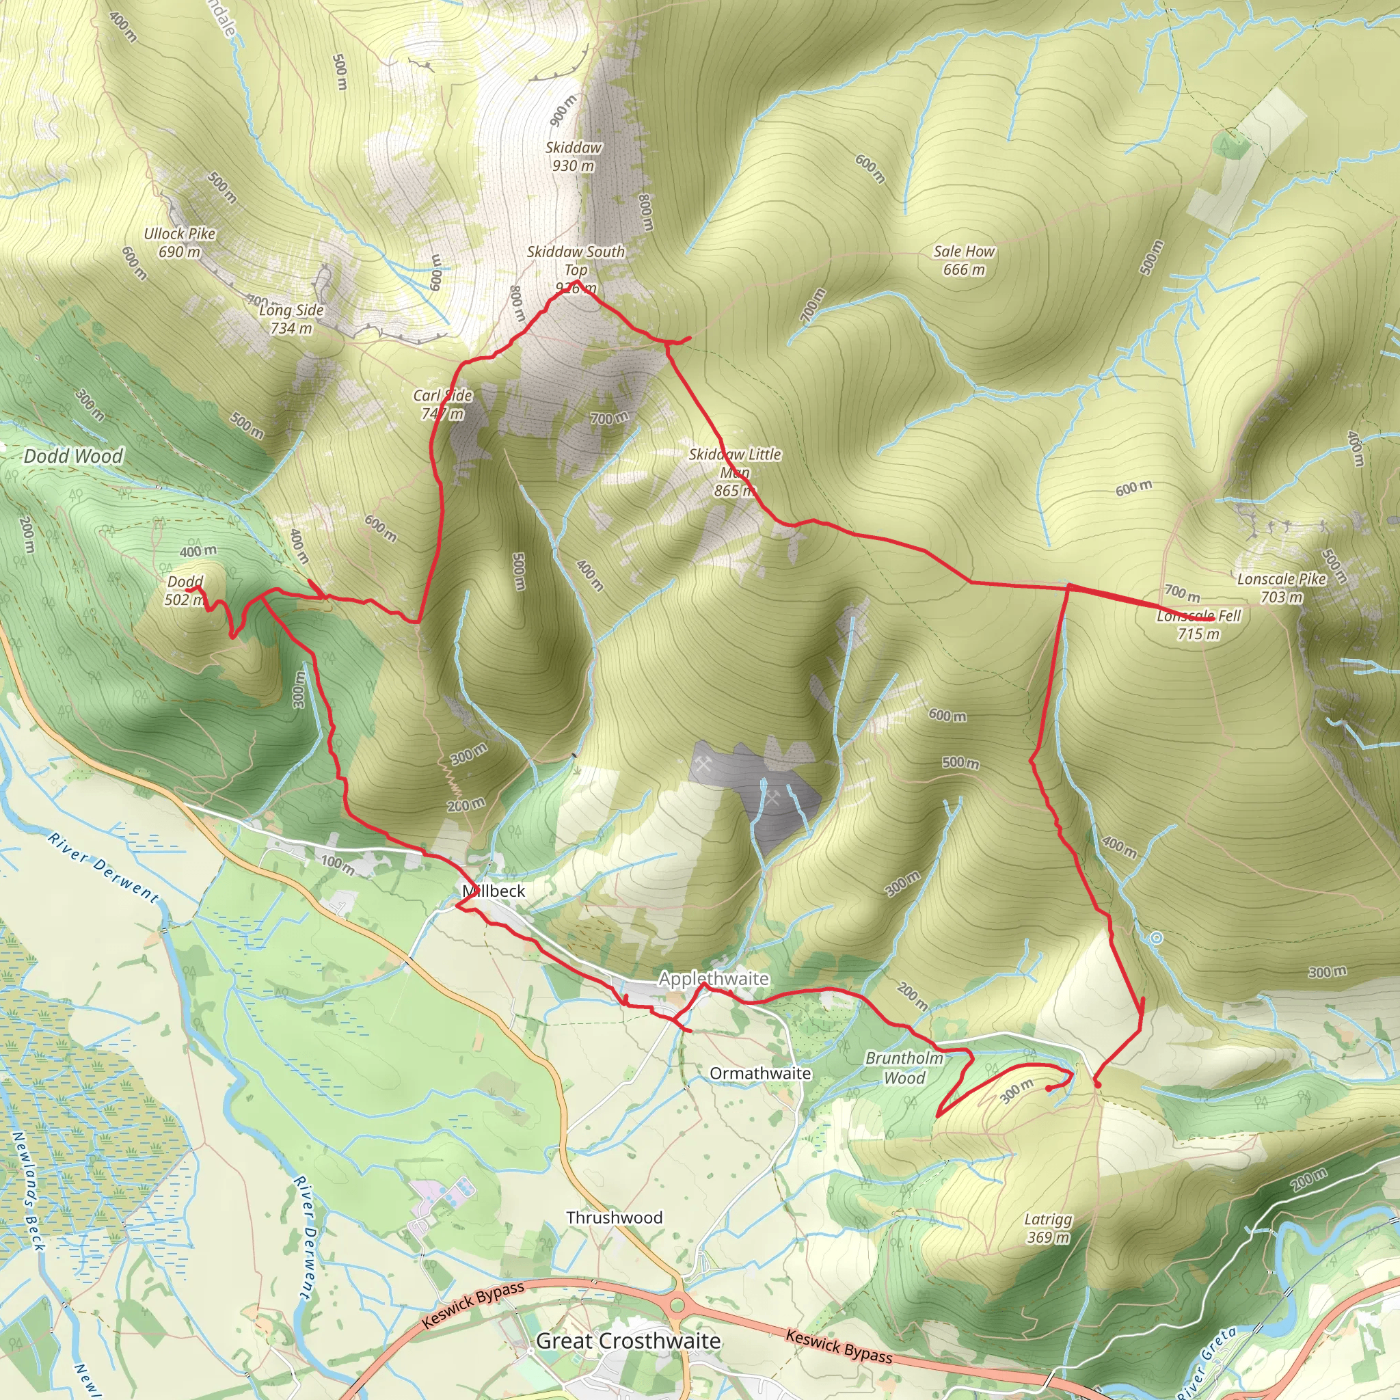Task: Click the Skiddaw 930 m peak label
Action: [573, 157]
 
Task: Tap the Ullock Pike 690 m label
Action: [179, 243]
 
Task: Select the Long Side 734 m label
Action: [291, 319]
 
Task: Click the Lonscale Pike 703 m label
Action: [1281, 588]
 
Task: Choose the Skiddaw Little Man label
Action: [735, 472]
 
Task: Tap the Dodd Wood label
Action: [73, 456]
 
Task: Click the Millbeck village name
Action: [494, 891]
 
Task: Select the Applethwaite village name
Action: [714, 978]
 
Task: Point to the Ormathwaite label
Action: [760, 1073]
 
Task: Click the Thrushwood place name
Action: [615, 1217]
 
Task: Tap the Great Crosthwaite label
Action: [628, 1341]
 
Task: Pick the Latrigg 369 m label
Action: [1048, 1228]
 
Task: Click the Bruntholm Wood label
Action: [904, 1067]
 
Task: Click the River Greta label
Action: [1208, 1362]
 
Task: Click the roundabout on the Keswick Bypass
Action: [677, 1306]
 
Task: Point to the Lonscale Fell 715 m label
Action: [1198, 625]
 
